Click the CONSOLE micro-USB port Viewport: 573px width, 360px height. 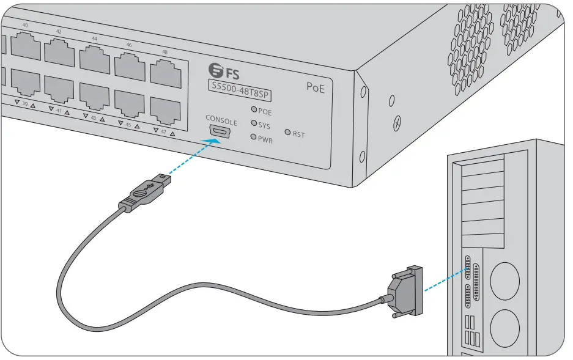point(220,131)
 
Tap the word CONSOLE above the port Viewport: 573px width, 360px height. point(221,120)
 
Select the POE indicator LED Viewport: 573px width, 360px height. point(253,112)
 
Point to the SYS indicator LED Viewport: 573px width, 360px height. point(253,125)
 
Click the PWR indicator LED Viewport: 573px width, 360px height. point(253,138)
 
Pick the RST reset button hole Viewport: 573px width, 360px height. point(288,133)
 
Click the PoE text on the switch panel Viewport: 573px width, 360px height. point(315,87)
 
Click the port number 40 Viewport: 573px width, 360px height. point(25,25)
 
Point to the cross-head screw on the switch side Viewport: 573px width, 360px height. point(397,122)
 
